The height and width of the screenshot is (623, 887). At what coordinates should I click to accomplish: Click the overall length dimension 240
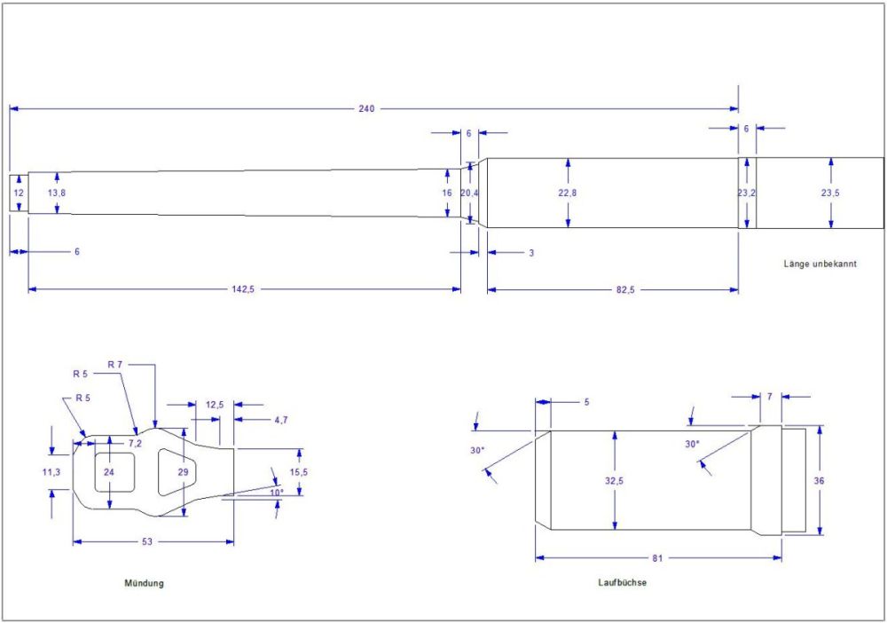point(366,108)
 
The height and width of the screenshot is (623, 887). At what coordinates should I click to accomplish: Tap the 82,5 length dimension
point(624,289)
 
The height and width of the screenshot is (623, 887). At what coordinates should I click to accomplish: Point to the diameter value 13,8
point(56,193)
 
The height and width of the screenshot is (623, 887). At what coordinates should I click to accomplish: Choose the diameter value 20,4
point(470,193)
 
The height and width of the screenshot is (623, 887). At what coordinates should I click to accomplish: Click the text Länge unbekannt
point(820,264)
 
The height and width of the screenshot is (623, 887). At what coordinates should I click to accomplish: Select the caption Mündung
point(145,583)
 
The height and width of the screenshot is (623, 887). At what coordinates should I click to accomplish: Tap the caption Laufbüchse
point(622,583)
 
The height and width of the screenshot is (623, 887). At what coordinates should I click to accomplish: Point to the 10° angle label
point(277,492)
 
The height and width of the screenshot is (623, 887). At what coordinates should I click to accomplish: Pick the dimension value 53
point(149,540)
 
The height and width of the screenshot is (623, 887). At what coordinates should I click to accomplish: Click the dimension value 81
point(657,558)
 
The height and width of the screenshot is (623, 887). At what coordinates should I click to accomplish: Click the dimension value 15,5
point(302,471)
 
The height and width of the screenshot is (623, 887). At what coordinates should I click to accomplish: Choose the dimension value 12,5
point(214,405)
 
